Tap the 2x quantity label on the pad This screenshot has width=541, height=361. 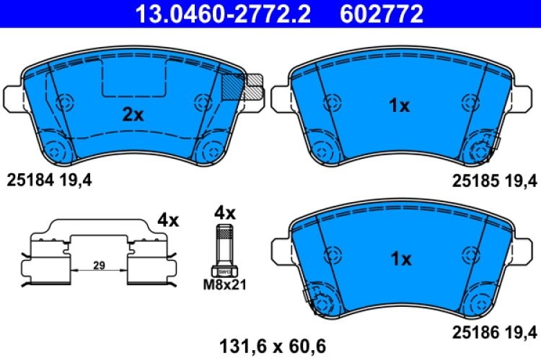tap(133, 113)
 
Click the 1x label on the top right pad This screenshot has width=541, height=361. tap(399, 106)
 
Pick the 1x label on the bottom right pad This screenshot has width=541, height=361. tap(399, 258)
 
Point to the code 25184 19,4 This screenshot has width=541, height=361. tap(49, 178)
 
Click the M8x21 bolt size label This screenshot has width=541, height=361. tap(225, 284)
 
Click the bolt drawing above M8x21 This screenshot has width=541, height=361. tap(225, 249)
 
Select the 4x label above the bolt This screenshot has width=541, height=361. tap(225, 213)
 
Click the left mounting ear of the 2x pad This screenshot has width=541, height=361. tap(14, 98)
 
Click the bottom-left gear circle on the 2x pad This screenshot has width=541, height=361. tap(56, 150)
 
